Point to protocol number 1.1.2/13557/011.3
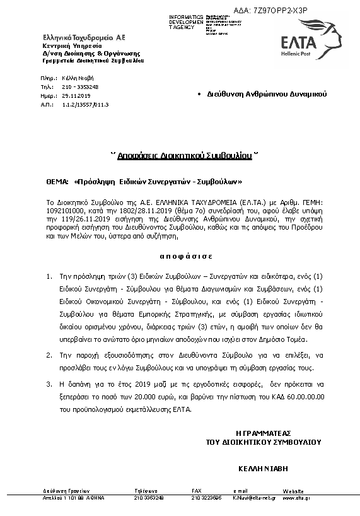click(x=86, y=104)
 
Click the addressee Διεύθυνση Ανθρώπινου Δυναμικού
click(x=266, y=93)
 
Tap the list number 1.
click(x=49, y=276)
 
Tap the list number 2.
click(x=49, y=356)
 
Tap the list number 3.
click(x=49, y=384)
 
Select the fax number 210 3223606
click(x=206, y=498)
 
